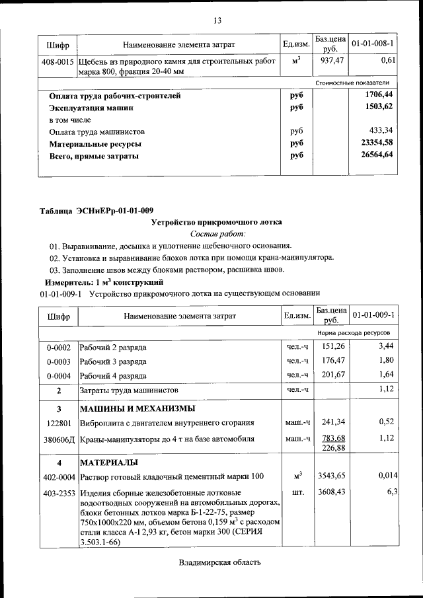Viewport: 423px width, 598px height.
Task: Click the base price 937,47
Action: pos(330,61)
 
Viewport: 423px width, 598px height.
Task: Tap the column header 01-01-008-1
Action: pos(373,44)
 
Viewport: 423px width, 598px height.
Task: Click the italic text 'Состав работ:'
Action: pos(217,234)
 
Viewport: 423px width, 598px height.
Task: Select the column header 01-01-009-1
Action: pos(373,315)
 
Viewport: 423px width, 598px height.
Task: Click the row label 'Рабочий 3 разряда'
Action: pos(113,361)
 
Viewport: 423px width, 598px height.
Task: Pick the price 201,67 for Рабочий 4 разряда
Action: pos(330,376)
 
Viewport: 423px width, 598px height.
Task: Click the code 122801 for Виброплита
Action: pos(58,422)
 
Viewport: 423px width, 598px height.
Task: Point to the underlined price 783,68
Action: pos(330,438)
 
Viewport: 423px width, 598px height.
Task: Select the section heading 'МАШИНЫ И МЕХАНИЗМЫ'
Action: pos(137,408)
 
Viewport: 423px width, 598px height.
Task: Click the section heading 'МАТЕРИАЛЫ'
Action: pos(109,461)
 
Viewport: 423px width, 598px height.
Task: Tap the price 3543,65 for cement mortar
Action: pos(330,476)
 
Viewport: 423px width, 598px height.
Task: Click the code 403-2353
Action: pos(58,492)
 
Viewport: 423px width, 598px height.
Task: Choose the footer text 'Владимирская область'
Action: pos(219,563)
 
